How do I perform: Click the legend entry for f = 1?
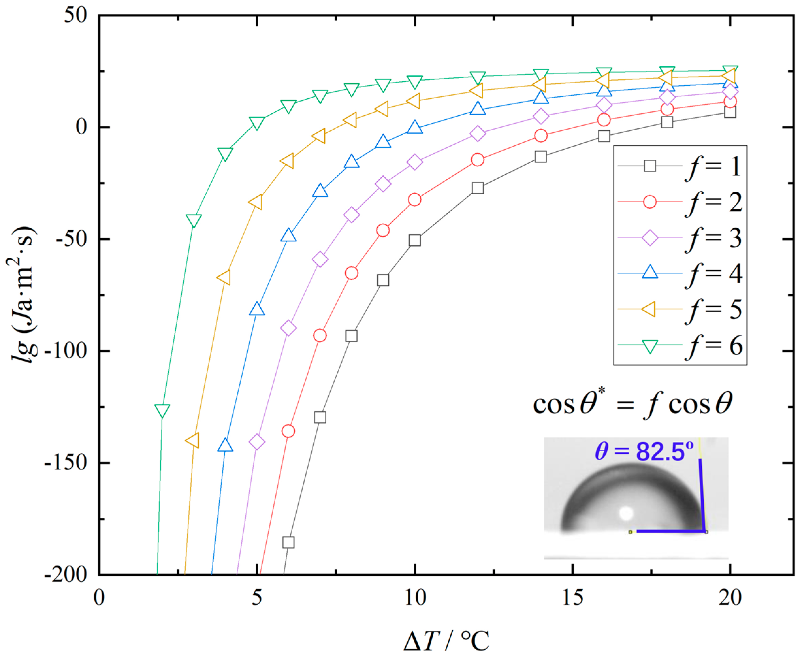(679, 166)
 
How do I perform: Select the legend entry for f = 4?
(679, 273)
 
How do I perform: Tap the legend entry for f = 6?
(679, 345)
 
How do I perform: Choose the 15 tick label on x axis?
(572, 597)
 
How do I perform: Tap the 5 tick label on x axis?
(257, 597)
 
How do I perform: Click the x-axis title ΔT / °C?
(446, 641)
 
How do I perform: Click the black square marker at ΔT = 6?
(288, 542)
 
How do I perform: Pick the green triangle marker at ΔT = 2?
(162, 411)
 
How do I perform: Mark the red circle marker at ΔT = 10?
(415, 200)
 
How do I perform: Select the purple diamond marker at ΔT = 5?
(257, 442)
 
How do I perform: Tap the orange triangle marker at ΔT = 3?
(193, 440)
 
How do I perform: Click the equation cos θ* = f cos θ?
(633, 404)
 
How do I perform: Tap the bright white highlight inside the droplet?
(626, 513)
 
